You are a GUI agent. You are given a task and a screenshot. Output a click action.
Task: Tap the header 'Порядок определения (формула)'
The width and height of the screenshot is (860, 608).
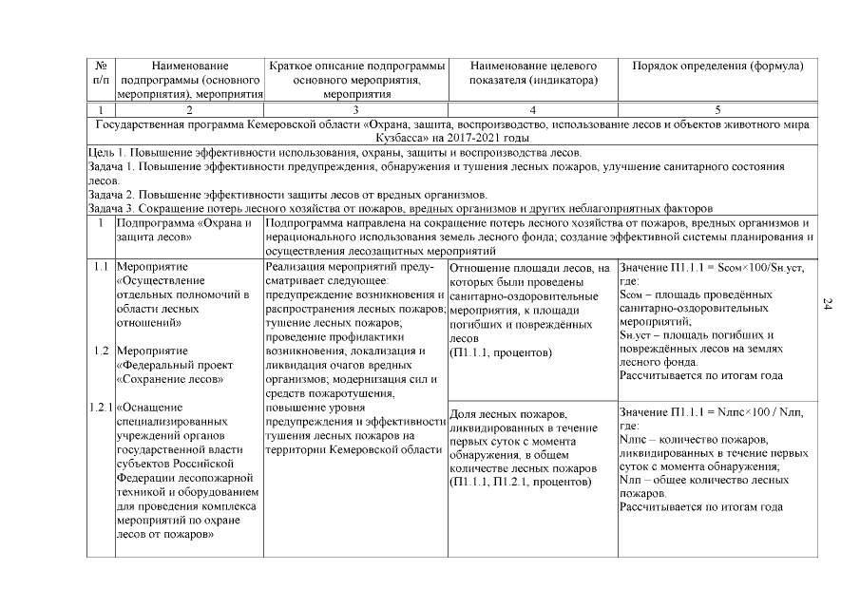717,66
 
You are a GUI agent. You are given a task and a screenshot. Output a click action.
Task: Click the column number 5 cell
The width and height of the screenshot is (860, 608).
717,110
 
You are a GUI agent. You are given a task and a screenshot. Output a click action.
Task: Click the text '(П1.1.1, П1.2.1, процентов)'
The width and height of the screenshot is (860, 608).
519,483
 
